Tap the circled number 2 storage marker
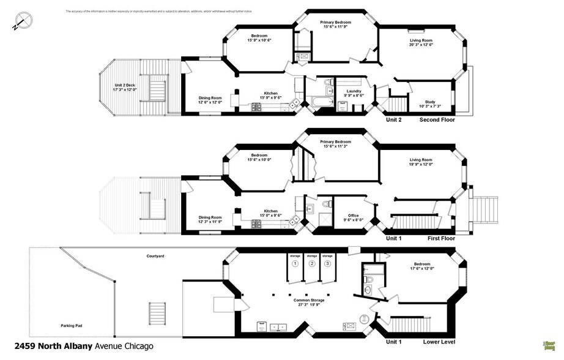click(x=312, y=264)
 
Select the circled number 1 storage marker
click(x=295, y=264)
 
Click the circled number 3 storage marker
click(x=328, y=264)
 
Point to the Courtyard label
click(x=155, y=256)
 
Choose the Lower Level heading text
click(x=439, y=340)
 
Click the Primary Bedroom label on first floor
click(x=335, y=143)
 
